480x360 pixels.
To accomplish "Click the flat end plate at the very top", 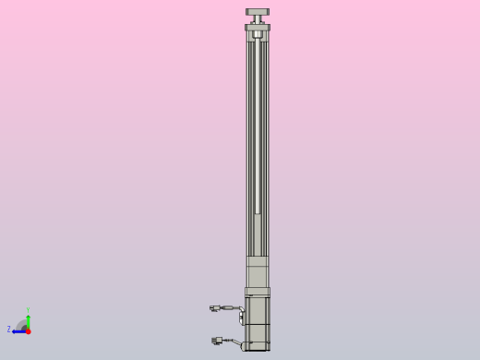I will point(258,12).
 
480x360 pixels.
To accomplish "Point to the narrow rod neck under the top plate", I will point(258,19).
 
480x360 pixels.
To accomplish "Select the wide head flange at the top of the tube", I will point(258,28).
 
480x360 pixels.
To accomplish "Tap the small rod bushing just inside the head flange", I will point(258,35).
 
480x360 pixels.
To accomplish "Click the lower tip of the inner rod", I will point(258,211).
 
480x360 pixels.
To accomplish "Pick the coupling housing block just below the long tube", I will point(258,271).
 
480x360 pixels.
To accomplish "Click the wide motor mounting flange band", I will point(258,292).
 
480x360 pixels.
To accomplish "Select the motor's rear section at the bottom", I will point(258,337).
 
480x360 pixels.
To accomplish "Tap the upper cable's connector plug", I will point(214,308).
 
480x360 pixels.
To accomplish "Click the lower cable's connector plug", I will point(217,341).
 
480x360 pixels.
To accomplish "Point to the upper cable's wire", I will point(228,307).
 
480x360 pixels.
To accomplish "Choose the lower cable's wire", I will point(231,342).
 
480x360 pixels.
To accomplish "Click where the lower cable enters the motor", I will point(244,346).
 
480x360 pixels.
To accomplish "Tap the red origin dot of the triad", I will point(28,330).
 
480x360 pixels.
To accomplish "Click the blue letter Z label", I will point(9,330).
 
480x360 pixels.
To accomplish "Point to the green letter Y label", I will point(28,311).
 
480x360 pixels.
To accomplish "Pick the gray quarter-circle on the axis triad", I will point(22,325).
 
